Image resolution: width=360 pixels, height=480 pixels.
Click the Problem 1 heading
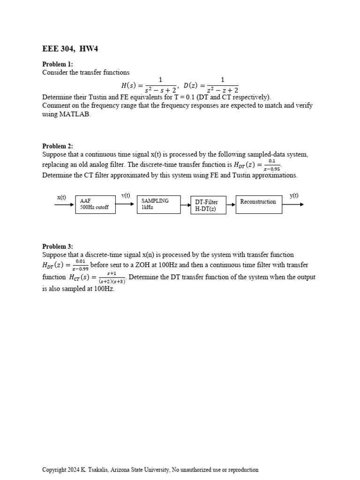tap(58, 64)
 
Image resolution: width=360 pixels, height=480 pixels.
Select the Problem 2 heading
tap(58, 146)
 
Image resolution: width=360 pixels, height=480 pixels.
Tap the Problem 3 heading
tap(58, 247)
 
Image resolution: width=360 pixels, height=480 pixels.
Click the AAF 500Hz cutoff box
tap(95, 204)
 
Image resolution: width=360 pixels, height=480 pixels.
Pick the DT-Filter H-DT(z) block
tap(208, 205)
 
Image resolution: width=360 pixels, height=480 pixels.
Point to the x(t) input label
tap(62, 197)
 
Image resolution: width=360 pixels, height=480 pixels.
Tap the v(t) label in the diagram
tap(126, 195)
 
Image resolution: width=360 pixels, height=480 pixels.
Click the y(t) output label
tap(294, 195)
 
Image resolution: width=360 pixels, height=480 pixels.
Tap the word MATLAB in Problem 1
tap(73, 114)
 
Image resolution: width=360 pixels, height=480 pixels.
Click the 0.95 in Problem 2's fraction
tap(274, 169)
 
